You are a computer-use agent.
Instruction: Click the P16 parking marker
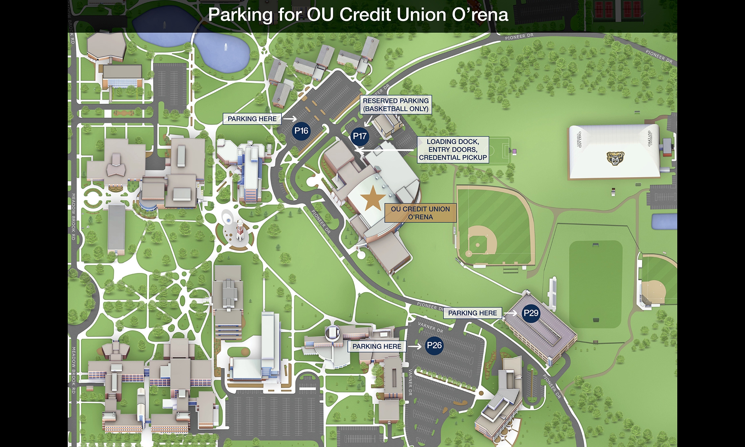pyautogui.click(x=301, y=131)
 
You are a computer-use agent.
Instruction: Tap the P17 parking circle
pyautogui.click(x=360, y=136)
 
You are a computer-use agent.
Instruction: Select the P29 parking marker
pyautogui.click(x=531, y=313)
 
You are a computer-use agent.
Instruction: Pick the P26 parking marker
pyautogui.click(x=434, y=345)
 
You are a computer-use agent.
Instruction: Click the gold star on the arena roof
pyautogui.click(x=372, y=198)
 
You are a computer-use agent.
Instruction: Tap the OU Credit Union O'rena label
pyautogui.click(x=420, y=213)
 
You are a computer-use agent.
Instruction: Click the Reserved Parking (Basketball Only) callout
pyautogui.click(x=396, y=105)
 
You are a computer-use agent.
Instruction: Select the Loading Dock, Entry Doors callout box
pyautogui.click(x=453, y=150)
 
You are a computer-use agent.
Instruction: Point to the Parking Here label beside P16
pyautogui.click(x=252, y=119)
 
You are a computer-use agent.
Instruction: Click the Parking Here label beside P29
pyautogui.click(x=472, y=313)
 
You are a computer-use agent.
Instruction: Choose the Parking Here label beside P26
pyautogui.click(x=377, y=346)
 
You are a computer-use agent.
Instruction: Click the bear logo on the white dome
pyautogui.click(x=615, y=158)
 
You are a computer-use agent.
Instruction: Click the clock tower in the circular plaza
pyautogui.click(x=240, y=230)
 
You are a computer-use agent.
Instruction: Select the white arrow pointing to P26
pyautogui.click(x=414, y=346)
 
